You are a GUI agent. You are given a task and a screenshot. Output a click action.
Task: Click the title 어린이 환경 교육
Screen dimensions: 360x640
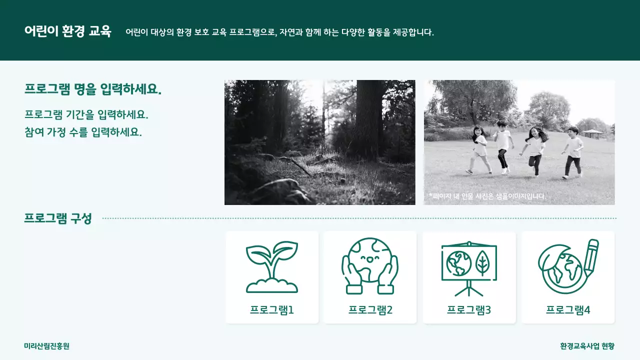(x=67, y=31)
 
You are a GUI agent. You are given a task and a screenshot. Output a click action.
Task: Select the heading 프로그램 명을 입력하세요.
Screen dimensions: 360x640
(x=93, y=89)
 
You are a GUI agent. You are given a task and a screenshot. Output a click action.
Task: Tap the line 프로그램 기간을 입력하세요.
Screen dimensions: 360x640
(x=86, y=114)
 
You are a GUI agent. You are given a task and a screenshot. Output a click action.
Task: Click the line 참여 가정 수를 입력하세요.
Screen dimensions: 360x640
(x=83, y=132)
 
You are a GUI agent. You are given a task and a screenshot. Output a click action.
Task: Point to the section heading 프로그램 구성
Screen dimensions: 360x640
(x=58, y=218)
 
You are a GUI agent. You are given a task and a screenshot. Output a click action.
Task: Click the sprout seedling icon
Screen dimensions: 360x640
(x=271, y=267)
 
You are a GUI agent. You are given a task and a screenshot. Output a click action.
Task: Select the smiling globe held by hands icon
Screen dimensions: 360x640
(x=369, y=265)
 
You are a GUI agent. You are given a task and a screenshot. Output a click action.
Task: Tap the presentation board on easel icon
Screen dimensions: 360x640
(x=468, y=268)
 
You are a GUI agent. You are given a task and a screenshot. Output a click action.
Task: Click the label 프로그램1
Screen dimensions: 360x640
(x=271, y=310)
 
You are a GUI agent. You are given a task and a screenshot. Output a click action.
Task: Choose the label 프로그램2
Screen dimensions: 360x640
(x=370, y=310)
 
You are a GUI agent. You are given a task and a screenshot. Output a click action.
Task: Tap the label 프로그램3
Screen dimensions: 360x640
(x=468, y=310)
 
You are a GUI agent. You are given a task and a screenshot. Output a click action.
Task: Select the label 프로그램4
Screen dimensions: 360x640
(x=568, y=310)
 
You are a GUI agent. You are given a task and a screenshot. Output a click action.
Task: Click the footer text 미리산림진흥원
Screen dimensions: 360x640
(x=46, y=346)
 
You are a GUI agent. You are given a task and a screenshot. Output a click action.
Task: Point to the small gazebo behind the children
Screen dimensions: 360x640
(x=592, y=133)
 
